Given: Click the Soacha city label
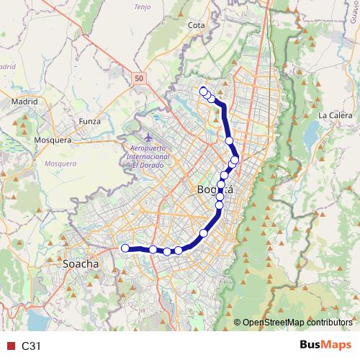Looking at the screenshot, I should click(x=81, y=264).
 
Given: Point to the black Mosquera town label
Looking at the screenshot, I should click(x=53, y=140).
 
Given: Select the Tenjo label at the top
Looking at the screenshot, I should click(x=143, y=6).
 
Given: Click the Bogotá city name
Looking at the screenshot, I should click(x=215, y=189).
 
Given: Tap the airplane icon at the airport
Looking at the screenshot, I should click(x=149, y=137).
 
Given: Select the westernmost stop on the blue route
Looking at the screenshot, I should click(x=125, y=248).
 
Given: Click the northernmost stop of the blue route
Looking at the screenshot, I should click(x=204, y=91).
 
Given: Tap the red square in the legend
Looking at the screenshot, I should click(x=9, y=346).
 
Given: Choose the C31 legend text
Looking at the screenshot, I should click(x=31, y=346).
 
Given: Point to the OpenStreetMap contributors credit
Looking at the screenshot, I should click(x=297, y=322).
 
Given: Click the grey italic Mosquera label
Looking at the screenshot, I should click(x=60, y=163).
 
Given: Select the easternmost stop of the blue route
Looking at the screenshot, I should click(x=235, y=160).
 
